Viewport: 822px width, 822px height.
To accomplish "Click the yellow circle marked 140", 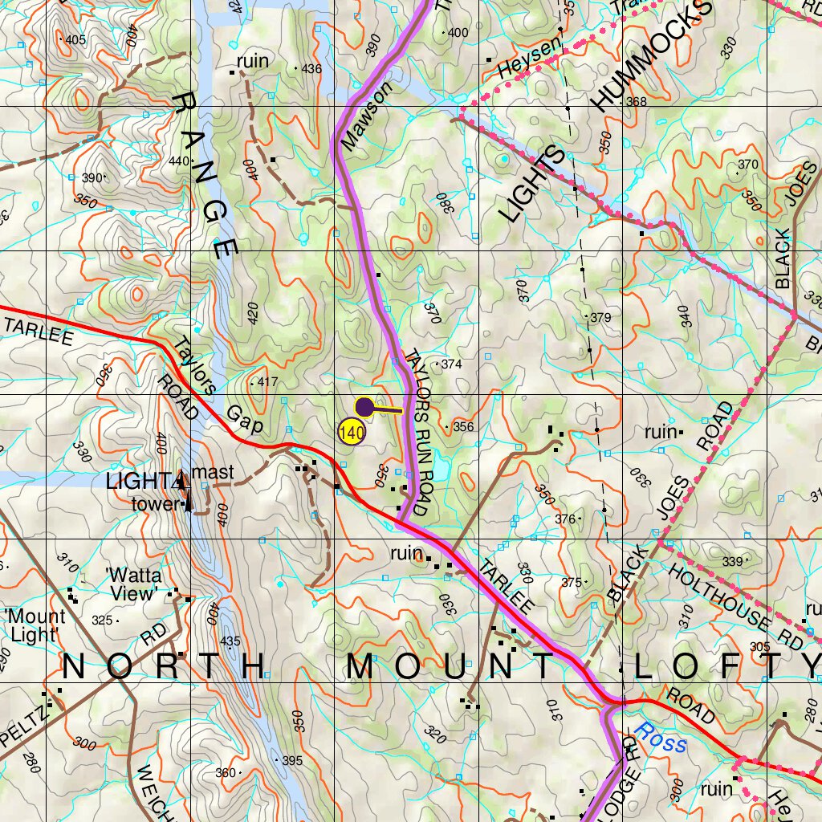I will (352, 433).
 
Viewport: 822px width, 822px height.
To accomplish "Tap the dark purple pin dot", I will (364, 407).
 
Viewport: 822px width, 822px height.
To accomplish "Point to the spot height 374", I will (451, 364).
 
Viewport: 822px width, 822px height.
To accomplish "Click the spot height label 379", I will (600, 318).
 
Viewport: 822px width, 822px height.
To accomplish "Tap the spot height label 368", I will (636, 102).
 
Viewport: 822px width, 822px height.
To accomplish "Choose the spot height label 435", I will (230, 641).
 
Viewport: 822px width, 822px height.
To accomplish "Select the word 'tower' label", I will (157, 504).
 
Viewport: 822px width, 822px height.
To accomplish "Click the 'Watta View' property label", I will (133, 584).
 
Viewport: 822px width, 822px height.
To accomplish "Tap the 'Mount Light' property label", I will (35, 626).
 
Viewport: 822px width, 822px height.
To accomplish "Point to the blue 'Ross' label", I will (660, 736).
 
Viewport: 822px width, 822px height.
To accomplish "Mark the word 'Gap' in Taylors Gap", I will (244, 420).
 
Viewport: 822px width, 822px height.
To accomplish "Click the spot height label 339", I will (732, 562).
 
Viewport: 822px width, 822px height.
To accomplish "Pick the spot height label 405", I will (75, 39).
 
